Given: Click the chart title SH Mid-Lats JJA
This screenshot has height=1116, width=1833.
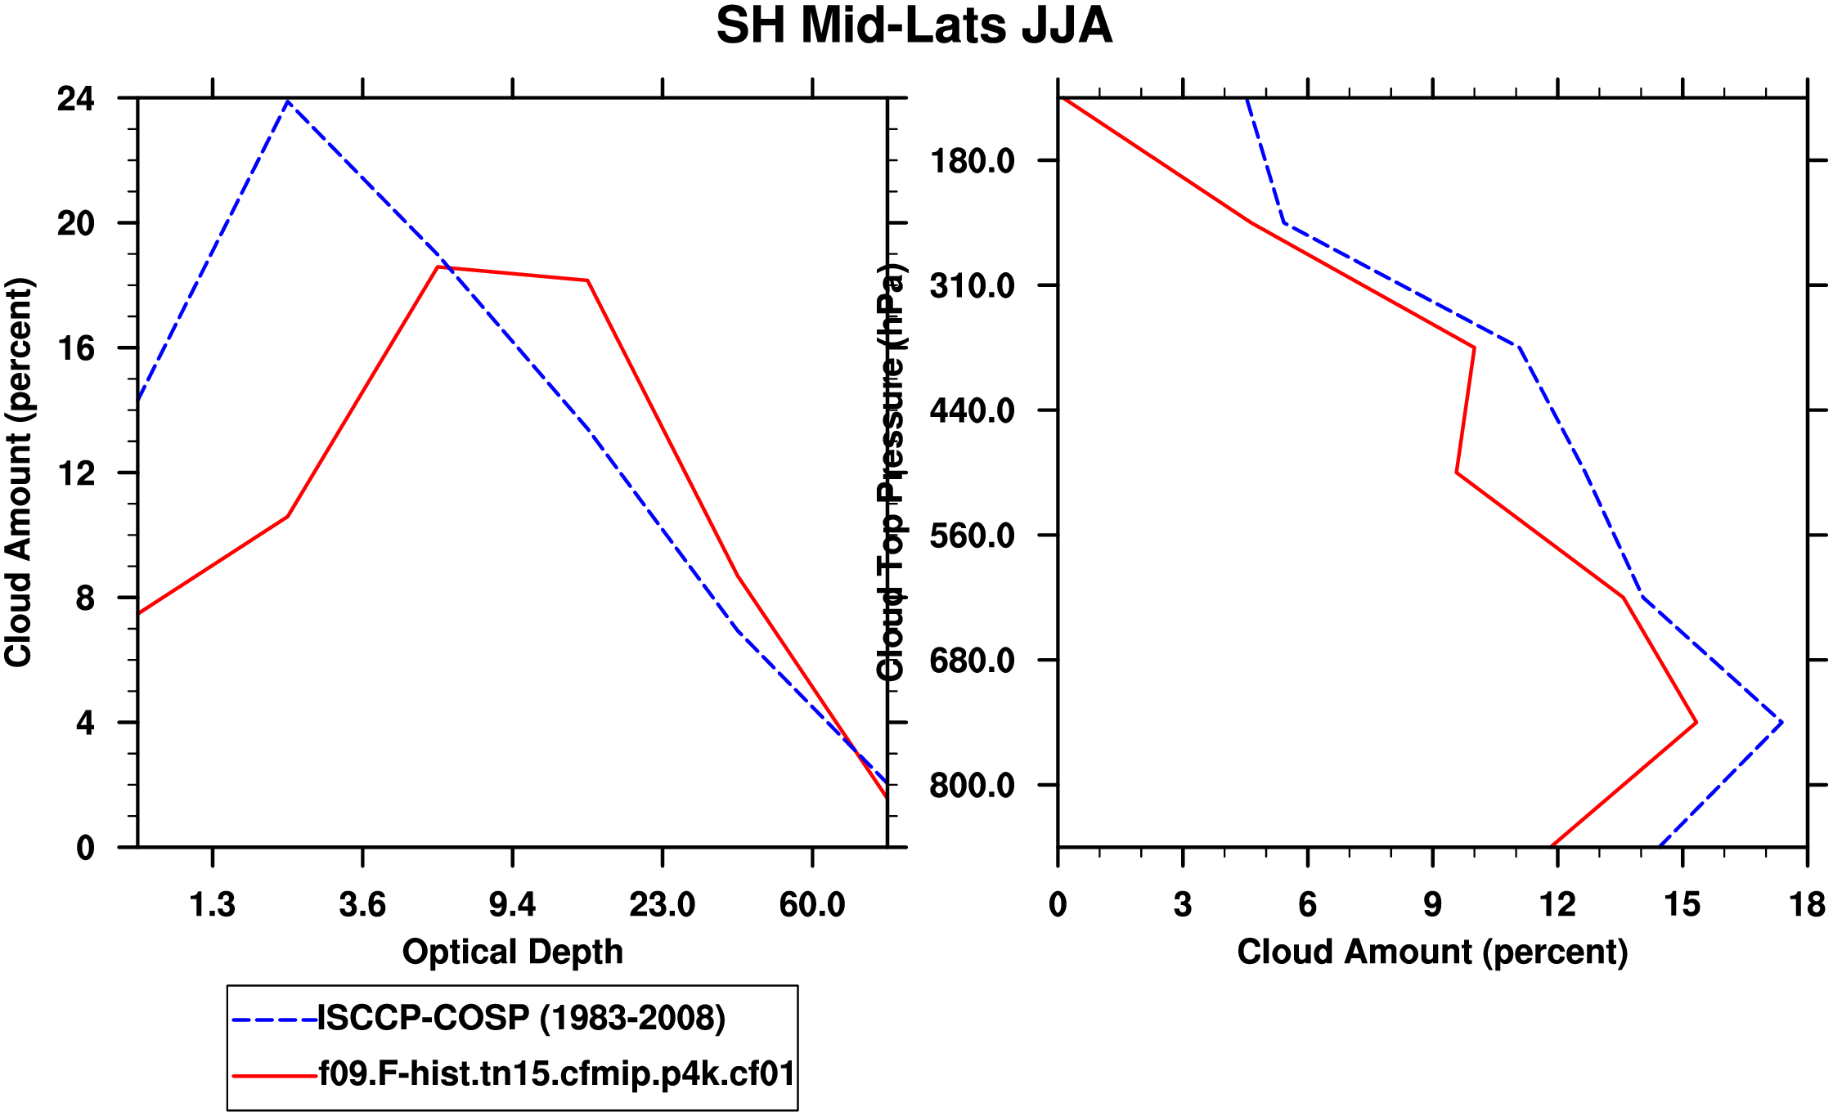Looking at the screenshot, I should tap(914, 26).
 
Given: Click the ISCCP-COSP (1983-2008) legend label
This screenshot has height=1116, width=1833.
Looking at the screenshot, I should tap(521, 1019).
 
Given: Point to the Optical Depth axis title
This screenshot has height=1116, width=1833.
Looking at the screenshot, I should tap(513, 952).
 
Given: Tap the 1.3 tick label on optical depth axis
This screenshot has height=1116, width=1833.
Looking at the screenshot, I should tap(213, 905).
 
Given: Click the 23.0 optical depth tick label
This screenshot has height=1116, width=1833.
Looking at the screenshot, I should tap(662, 905).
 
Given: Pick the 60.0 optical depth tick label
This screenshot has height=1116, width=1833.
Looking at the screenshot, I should tap(811, 905).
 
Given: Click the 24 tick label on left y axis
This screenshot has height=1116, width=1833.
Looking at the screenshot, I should tap(76, 99).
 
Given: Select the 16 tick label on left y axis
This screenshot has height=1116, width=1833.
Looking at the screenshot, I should tap(76, 349).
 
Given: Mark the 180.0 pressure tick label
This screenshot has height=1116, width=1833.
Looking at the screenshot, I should tap(972, 161).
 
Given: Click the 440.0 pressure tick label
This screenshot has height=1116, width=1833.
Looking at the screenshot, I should tap(972, 410).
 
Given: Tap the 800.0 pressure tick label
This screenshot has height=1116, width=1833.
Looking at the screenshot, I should tap(972, 786).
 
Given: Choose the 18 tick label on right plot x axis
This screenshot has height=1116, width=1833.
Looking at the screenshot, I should tap(1807, 905).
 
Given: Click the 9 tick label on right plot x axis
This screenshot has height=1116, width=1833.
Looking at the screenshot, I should tap(1432, 905).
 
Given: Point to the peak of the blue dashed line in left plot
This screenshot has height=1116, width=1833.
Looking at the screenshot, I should tap(288, 101).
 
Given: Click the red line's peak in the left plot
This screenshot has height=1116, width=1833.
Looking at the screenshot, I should tap(438, 267).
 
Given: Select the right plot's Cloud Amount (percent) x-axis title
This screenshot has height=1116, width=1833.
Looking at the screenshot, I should tap(1432, 952).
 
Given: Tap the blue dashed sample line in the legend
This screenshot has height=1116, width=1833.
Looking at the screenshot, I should tap(274, 1020).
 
